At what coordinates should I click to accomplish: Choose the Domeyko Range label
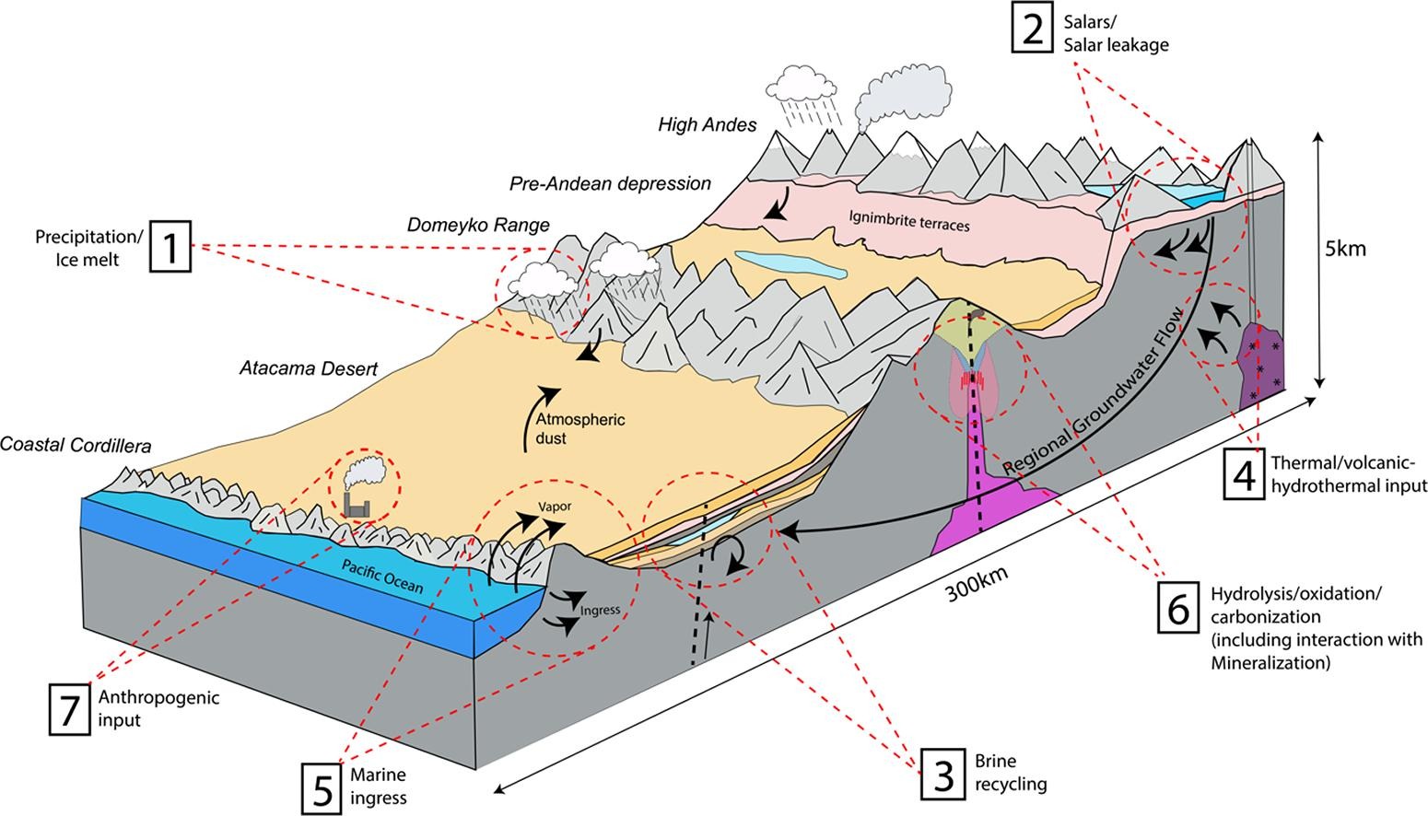click(478, 225)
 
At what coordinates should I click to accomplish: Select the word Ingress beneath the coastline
click(601, 610)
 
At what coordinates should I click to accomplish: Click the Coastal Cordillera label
click(76, 445)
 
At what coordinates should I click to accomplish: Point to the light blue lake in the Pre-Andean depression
click(790, 264)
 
